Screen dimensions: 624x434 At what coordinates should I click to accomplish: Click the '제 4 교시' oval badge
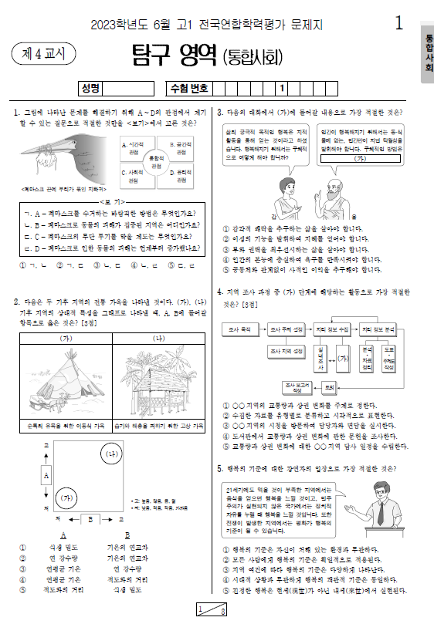pos(44,54)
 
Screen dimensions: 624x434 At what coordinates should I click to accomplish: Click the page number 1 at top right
pos(398,23)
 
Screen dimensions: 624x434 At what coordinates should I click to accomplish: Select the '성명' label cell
pos(91,88)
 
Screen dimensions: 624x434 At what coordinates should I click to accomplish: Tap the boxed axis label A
pos(46,476)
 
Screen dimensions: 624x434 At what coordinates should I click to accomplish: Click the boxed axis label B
pos(90,520)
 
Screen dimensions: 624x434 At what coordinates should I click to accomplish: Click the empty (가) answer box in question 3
pos(359,158)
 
